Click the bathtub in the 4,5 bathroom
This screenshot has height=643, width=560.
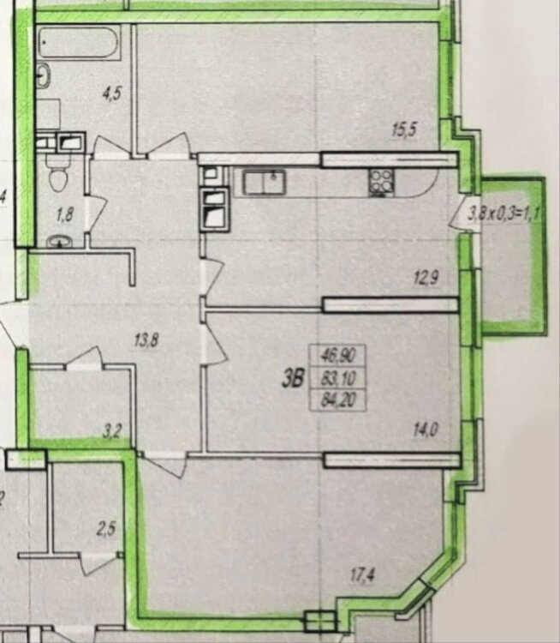[80, 42]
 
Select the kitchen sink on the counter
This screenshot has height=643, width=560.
[265, 183]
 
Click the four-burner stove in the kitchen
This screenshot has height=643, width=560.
[381, 183]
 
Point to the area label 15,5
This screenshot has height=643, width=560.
[404, 130]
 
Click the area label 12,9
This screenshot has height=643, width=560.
[426, 279]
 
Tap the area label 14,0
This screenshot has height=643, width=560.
[426, 430]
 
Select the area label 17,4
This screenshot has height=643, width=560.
[362, 575]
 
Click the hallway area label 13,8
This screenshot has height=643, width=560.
[146, 340]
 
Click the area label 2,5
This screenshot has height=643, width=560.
[105, 529]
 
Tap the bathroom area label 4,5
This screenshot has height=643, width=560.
[112, 94]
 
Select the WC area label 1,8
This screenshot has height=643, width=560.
[65, 214]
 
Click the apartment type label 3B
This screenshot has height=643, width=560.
[294, 380]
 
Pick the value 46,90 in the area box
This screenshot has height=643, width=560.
[338, 355]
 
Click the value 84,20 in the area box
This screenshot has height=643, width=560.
[338, 400]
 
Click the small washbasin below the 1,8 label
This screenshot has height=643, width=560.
[60, 242]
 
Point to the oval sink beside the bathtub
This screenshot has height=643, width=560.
[44, 75]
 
